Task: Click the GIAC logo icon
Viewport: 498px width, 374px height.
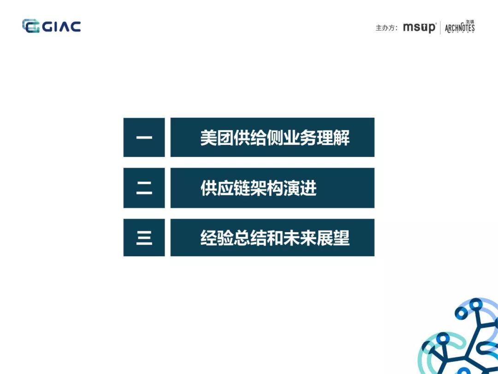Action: point(31,26)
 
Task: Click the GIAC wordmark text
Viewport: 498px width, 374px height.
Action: point(62,27)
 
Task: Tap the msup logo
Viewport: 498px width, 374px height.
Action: point(419,28)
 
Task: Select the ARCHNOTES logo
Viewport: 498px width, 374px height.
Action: point(459,28)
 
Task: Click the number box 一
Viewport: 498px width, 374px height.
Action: point(144,138)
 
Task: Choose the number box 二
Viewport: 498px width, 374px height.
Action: point(144,188)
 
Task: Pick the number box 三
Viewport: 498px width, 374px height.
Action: point(144,238)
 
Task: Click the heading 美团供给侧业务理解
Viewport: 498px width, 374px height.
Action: point(275,138)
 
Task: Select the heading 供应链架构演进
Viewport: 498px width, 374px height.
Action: point(258,188)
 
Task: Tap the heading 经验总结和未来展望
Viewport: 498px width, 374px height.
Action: point(275,238)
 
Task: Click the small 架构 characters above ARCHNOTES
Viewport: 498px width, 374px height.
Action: point(470,22)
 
